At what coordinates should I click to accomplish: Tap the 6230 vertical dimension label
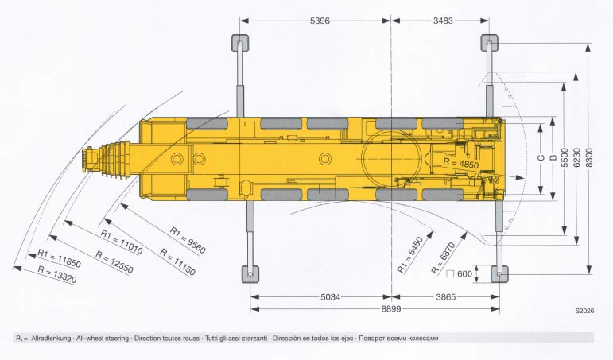pyautogui.click(x=577, y=157)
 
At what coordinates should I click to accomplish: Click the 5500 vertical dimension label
pyautogui.click(x=565, y=157)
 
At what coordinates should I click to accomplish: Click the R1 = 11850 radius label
pyautogui.click(x=54, y=257)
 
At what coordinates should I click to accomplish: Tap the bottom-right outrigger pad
pyautogui.click(x=499, y=274)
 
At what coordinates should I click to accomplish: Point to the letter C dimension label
pyautogui.click(x=541, y=157)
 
